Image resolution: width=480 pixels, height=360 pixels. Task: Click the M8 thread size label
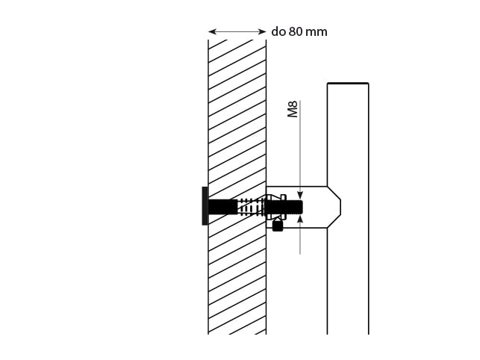[x=293, y=109]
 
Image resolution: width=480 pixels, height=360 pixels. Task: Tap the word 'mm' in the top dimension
[x=317, y=32]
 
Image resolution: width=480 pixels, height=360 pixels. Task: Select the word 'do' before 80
[x=278, y=32]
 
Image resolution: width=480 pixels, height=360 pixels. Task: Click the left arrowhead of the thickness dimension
[x=212, y=32]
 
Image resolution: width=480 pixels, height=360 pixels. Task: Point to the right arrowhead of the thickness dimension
[x=263, y=32]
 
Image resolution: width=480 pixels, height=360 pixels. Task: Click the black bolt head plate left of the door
[x=205, y=205]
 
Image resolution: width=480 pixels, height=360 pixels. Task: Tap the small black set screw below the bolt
[x=278, y=225]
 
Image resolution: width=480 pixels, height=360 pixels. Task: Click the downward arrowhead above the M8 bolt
[x=300, y=193]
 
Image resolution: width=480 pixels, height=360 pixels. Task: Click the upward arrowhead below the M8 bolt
[x=300, y=219]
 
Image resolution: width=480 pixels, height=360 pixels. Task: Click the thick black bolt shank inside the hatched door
[x=222, y=205]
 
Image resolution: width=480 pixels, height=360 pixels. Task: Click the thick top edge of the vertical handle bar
[x=348, y=84]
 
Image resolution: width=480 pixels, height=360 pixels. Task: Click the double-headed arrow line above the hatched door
[x=237, y=32]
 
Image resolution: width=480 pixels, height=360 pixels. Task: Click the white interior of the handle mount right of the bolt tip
[x=317, y=206]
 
